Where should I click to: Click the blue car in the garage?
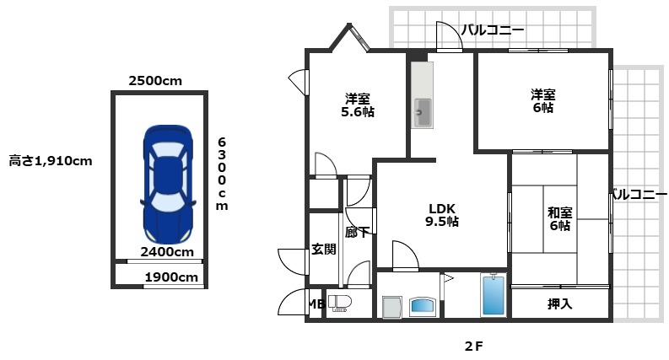click(x=169, y=185)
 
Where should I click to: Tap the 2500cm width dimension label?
click(x=155, y=81)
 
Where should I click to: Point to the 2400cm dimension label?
click(x=167, y=251)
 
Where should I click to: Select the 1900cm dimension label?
click(x=171, y=277)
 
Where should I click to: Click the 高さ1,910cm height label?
click(x=51, y=161)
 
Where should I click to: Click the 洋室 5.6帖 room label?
click(x=358, y=105)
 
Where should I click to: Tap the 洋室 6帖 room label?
click(x=543, y=100)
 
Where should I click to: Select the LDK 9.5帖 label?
click(x=442, y=215)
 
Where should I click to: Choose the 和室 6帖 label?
click(x=560, y=218)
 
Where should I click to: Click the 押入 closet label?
click(x=560, y=304)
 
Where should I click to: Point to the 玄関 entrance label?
click(x=324, y=249)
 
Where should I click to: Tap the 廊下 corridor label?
click(x=358, y=233)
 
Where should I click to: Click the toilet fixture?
click(x=339, y=304)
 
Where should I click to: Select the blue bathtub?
click(x=494, y=295)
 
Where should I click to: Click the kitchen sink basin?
click(x=423, y=113)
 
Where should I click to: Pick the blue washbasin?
click(x=423, y=307)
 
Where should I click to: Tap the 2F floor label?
click(x=474, y=347)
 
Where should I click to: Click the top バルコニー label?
click(x=493, y=30)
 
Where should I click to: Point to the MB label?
click(x=316, y=304)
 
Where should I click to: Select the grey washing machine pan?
click(x=391, y=307)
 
